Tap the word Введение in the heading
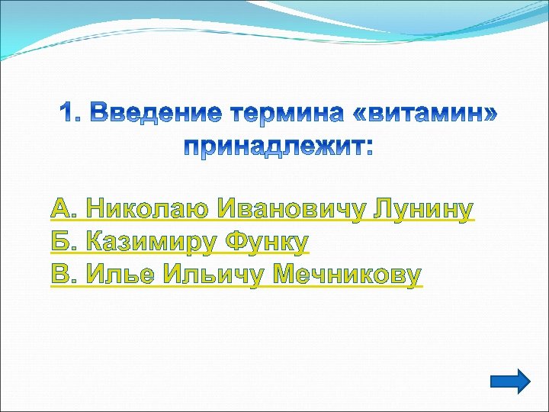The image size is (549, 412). pyautogui.click(x=151, y=114)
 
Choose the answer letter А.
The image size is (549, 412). pyautogui.click(x=62, y=208)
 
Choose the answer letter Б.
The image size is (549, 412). pyautogui.click(x=61, y=242)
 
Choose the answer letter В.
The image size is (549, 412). pyautogui.click(x=61, y=275)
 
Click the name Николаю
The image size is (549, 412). pyautogui.click(x=148, y=208)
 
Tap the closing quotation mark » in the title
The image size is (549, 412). pyautogui.click(x=492, y=115)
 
